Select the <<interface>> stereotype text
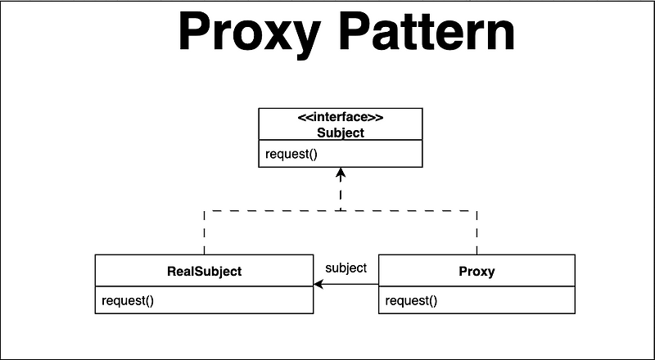[341, 116]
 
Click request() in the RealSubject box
[129, 300]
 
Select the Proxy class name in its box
[477, 272]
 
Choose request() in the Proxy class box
[412, 300]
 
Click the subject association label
[346, 268]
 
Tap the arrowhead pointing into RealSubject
[319, 284]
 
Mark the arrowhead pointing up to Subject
[341, 173]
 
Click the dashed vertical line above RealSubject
[204, 232]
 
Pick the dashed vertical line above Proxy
[477, 232]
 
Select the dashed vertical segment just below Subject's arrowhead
[341, 195]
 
